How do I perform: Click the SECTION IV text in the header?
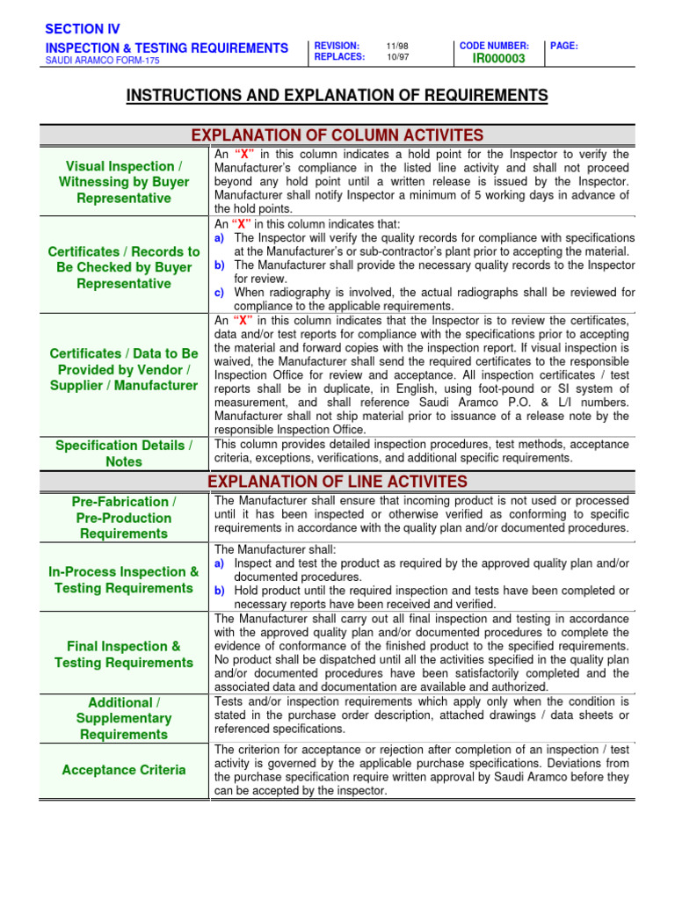pyautogui.click(x=83, y=29)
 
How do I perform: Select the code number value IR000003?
pyautogui.click(x=498, y=59)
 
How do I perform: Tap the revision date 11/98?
pyautogui.click(x=397, y=46)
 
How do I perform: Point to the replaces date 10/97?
pyautogui.click(x=397, y=58)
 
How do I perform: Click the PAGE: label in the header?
pyautogui.click(x=564, y=46)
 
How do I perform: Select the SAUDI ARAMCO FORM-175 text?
pyautogui.click(x=103, y=61)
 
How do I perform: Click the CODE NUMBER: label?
pyautogui.click(x=494, y=46)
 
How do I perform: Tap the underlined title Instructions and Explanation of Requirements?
pyautogui.click(x=337, y=96)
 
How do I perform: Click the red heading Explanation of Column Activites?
pyautogui.click(x=337, y=134)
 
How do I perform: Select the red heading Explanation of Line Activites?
pyautogui.click(x=337, y=481)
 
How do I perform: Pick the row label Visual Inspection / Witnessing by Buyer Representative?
pyautogui.click(x=124, y=182)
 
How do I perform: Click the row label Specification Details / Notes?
pyautogui.click(x=124, y=454)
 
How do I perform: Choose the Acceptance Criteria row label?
pyautogui.click(x=124, y=770)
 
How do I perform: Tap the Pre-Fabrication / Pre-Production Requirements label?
pyautogui.click(x=124, y=517)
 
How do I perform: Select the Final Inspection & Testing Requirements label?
pyautogui.click(x=124, y=654)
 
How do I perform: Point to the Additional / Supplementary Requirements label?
pyautogui.click(x=124, y=718)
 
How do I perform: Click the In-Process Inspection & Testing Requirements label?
pyautogui.click(x=124, y=580)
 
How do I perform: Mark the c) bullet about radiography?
pyautogui.click(x=220, y=293)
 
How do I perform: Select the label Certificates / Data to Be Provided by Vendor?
pyautogui.click(x=124, y=369)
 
